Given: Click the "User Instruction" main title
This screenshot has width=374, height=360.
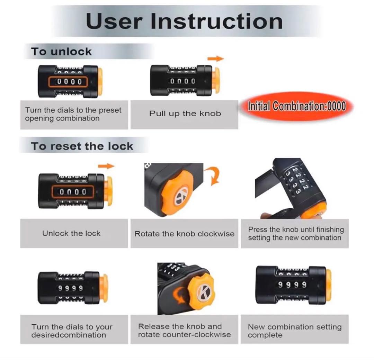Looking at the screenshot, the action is (184, 21).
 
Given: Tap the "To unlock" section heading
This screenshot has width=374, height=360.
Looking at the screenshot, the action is (61, 52).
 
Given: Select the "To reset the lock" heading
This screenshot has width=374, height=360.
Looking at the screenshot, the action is (82, 146).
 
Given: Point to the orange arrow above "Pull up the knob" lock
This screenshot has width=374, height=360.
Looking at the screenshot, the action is (216, 58).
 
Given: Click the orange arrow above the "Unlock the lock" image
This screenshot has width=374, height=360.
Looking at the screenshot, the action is (106, 166).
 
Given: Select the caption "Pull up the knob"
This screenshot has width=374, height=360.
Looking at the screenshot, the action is (185, 114).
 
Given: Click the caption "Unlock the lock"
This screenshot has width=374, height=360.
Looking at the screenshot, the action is (71, 233).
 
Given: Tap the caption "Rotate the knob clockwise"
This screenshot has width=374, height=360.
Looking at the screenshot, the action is (184, 234).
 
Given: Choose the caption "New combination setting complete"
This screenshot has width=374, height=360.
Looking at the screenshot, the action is (295, 331).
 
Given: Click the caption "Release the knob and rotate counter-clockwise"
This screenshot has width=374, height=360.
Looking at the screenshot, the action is (184, 331).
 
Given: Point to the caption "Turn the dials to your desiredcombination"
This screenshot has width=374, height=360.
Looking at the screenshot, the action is (72, 331).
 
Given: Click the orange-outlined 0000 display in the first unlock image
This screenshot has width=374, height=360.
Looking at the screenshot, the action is (68, 82).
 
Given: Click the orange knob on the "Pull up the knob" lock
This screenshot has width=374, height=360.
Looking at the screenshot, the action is (216, 80).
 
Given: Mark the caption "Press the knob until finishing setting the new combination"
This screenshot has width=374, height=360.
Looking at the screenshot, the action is (296, 233).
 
